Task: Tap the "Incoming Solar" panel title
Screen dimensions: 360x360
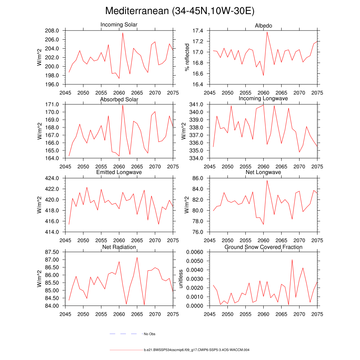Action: pyautogui.click(x=119, y=25)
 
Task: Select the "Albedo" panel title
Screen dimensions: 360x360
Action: pyautogui.click(x=263, y=26)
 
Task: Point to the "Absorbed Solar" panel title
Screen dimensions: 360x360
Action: pyautogui.click(x=119, y=99)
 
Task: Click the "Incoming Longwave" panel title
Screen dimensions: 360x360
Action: pyautogui.click(x=263, y=98)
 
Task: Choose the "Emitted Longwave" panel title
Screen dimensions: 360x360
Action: pyautogui.click(x=119, y=172)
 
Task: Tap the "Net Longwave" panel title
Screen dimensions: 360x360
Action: pyautogui.click(x=263, y=172)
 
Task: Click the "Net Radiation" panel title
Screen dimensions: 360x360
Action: pyautogui.click(x=119, y=247)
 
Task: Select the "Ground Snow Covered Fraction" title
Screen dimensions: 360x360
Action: pyautogui.click(x=263, y=247)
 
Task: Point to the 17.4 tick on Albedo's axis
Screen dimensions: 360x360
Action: pyautogui.click(x=198, y=31)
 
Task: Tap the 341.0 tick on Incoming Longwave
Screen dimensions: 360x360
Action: pyautogui.click(x=196, y=104)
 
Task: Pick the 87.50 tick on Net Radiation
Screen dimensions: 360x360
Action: pyautogui.click(x=50, y=252)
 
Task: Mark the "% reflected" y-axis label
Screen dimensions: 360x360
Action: pyautogui.click(x=187, y=58)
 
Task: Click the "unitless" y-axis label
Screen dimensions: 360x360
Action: pyautogui.click(x=181, y=279)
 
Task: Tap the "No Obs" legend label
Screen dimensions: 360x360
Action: pyautogui.click(x=149, y=334)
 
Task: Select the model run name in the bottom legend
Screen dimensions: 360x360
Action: pyautogui.click(x=197, y=350)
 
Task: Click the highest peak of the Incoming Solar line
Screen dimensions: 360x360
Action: pyautogui.click(x=123, y=33)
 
